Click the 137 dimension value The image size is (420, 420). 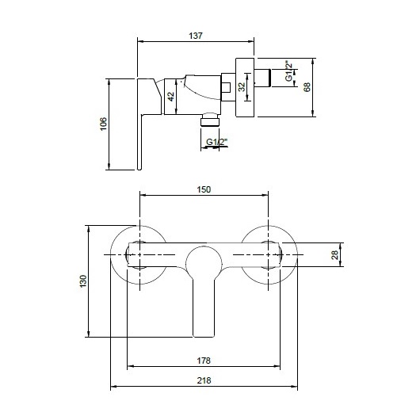coord(197,36)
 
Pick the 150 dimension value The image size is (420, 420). coord(204,189)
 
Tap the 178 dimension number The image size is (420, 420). coord(204,361)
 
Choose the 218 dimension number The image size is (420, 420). coord(204,381)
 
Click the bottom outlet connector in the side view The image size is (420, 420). coord(208,119)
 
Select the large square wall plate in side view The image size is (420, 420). coord(246,86)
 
